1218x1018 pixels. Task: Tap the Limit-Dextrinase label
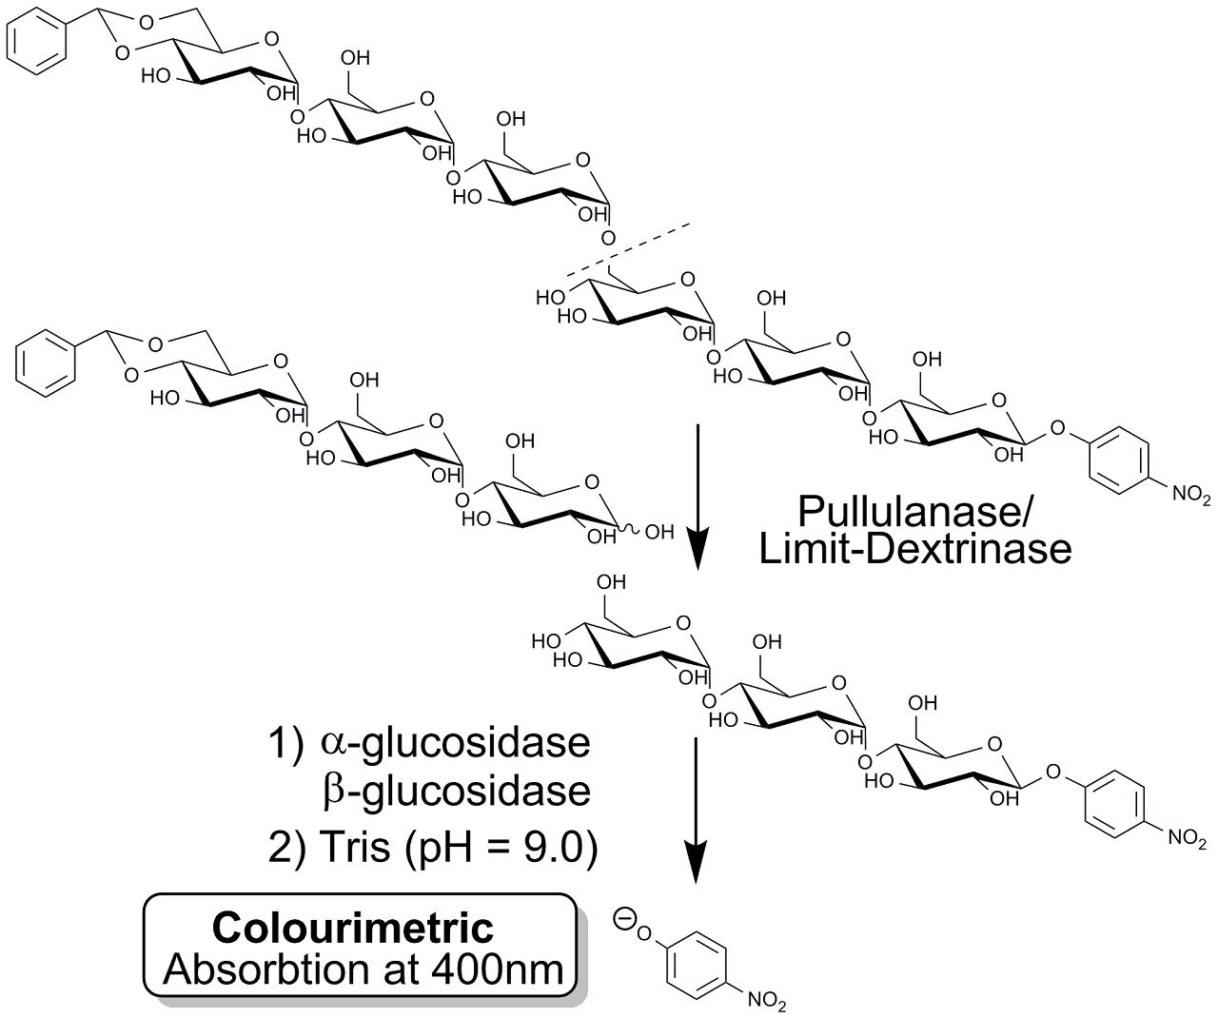pyautogui.click(x=915, y=549)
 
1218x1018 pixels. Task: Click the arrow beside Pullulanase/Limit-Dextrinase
pyautogui.click(x=698, y=495)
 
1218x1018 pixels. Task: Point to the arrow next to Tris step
pyautogui.click(x=698, y=809)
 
